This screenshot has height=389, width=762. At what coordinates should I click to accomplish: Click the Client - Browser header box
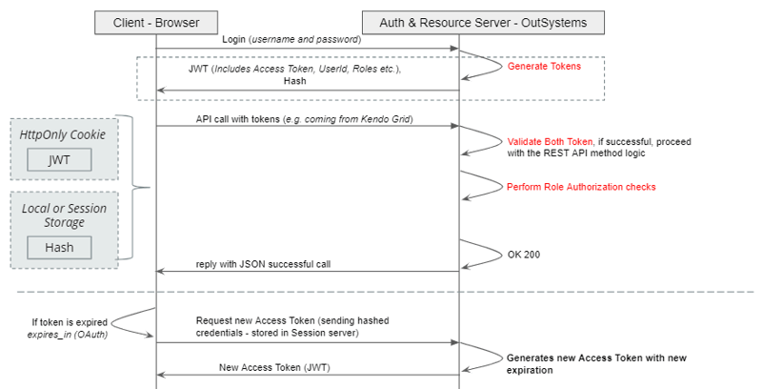156,20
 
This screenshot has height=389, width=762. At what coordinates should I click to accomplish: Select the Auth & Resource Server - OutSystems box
483,20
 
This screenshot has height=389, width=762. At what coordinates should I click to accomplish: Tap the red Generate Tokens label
544,67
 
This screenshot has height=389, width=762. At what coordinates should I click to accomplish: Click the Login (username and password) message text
292,40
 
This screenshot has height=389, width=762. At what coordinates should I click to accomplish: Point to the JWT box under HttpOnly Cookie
64,159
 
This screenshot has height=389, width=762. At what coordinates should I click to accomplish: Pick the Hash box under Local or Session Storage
64,248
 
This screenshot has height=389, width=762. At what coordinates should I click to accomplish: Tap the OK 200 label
525,255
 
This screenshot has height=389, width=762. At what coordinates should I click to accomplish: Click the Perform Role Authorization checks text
581,187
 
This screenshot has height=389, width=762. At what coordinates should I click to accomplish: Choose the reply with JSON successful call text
263,263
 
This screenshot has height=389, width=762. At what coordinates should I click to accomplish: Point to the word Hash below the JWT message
295,82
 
